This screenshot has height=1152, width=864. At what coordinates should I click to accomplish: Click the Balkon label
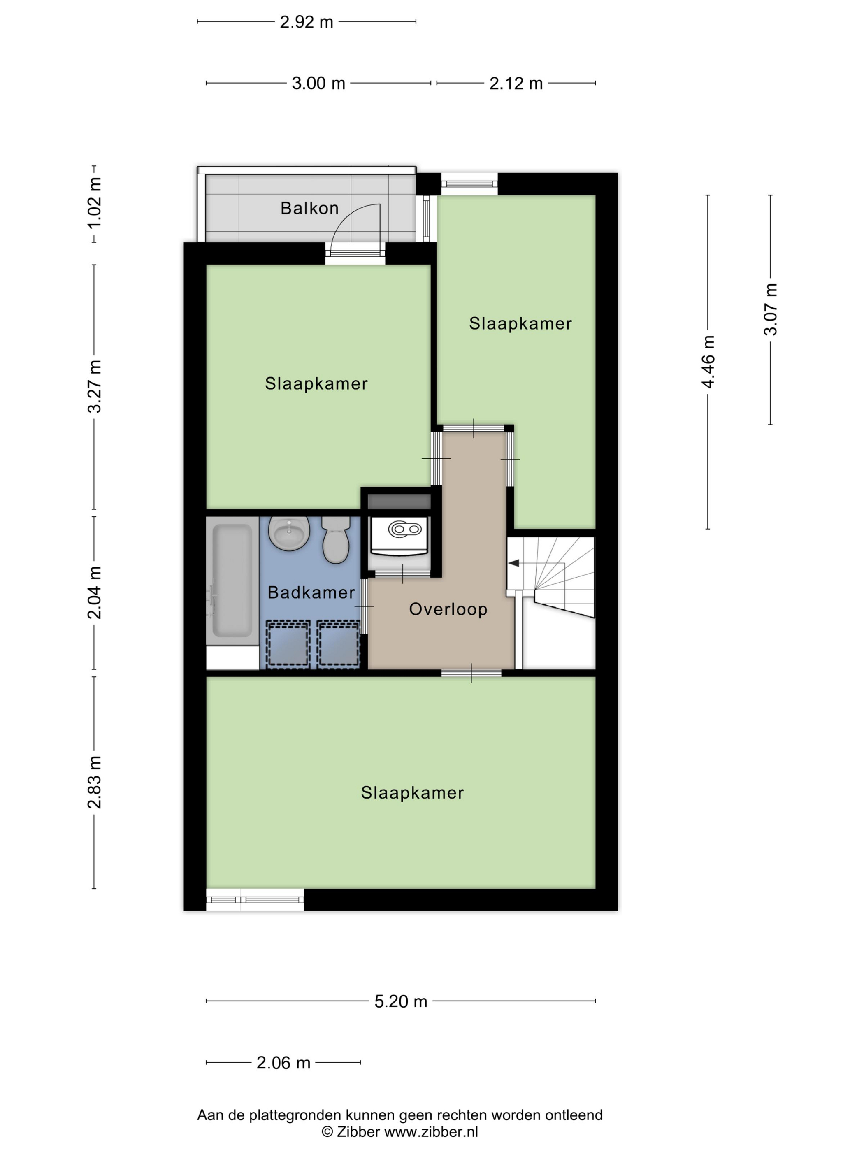(309, 208)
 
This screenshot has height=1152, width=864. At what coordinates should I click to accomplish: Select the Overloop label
(448, 609)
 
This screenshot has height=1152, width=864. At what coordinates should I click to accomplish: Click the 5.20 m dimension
(400, 1001)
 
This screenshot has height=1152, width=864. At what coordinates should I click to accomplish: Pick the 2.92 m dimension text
(306, 22)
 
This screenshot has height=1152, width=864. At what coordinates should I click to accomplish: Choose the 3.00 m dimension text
(318, 84)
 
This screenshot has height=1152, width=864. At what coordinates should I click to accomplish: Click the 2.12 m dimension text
(516, 84)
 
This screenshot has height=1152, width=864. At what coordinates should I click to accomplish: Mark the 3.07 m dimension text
(770, 309)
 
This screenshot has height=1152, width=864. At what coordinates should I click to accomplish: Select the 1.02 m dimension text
(94, 203)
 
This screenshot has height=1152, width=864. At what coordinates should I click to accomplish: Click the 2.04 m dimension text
(94, 593)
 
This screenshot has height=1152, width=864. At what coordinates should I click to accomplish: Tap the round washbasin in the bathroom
(289, 533)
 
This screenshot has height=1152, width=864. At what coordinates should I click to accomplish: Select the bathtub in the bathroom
(232, 581)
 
